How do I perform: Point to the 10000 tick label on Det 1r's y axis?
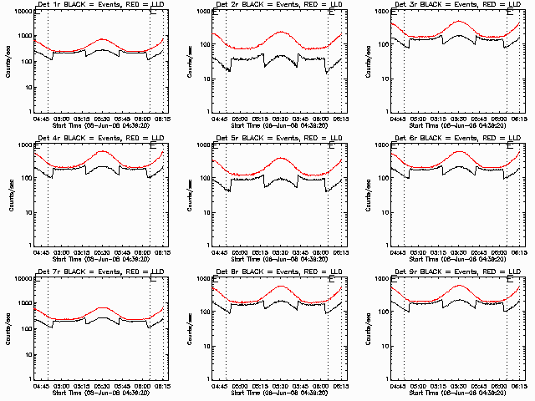22,12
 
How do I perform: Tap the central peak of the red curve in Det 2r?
281,32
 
